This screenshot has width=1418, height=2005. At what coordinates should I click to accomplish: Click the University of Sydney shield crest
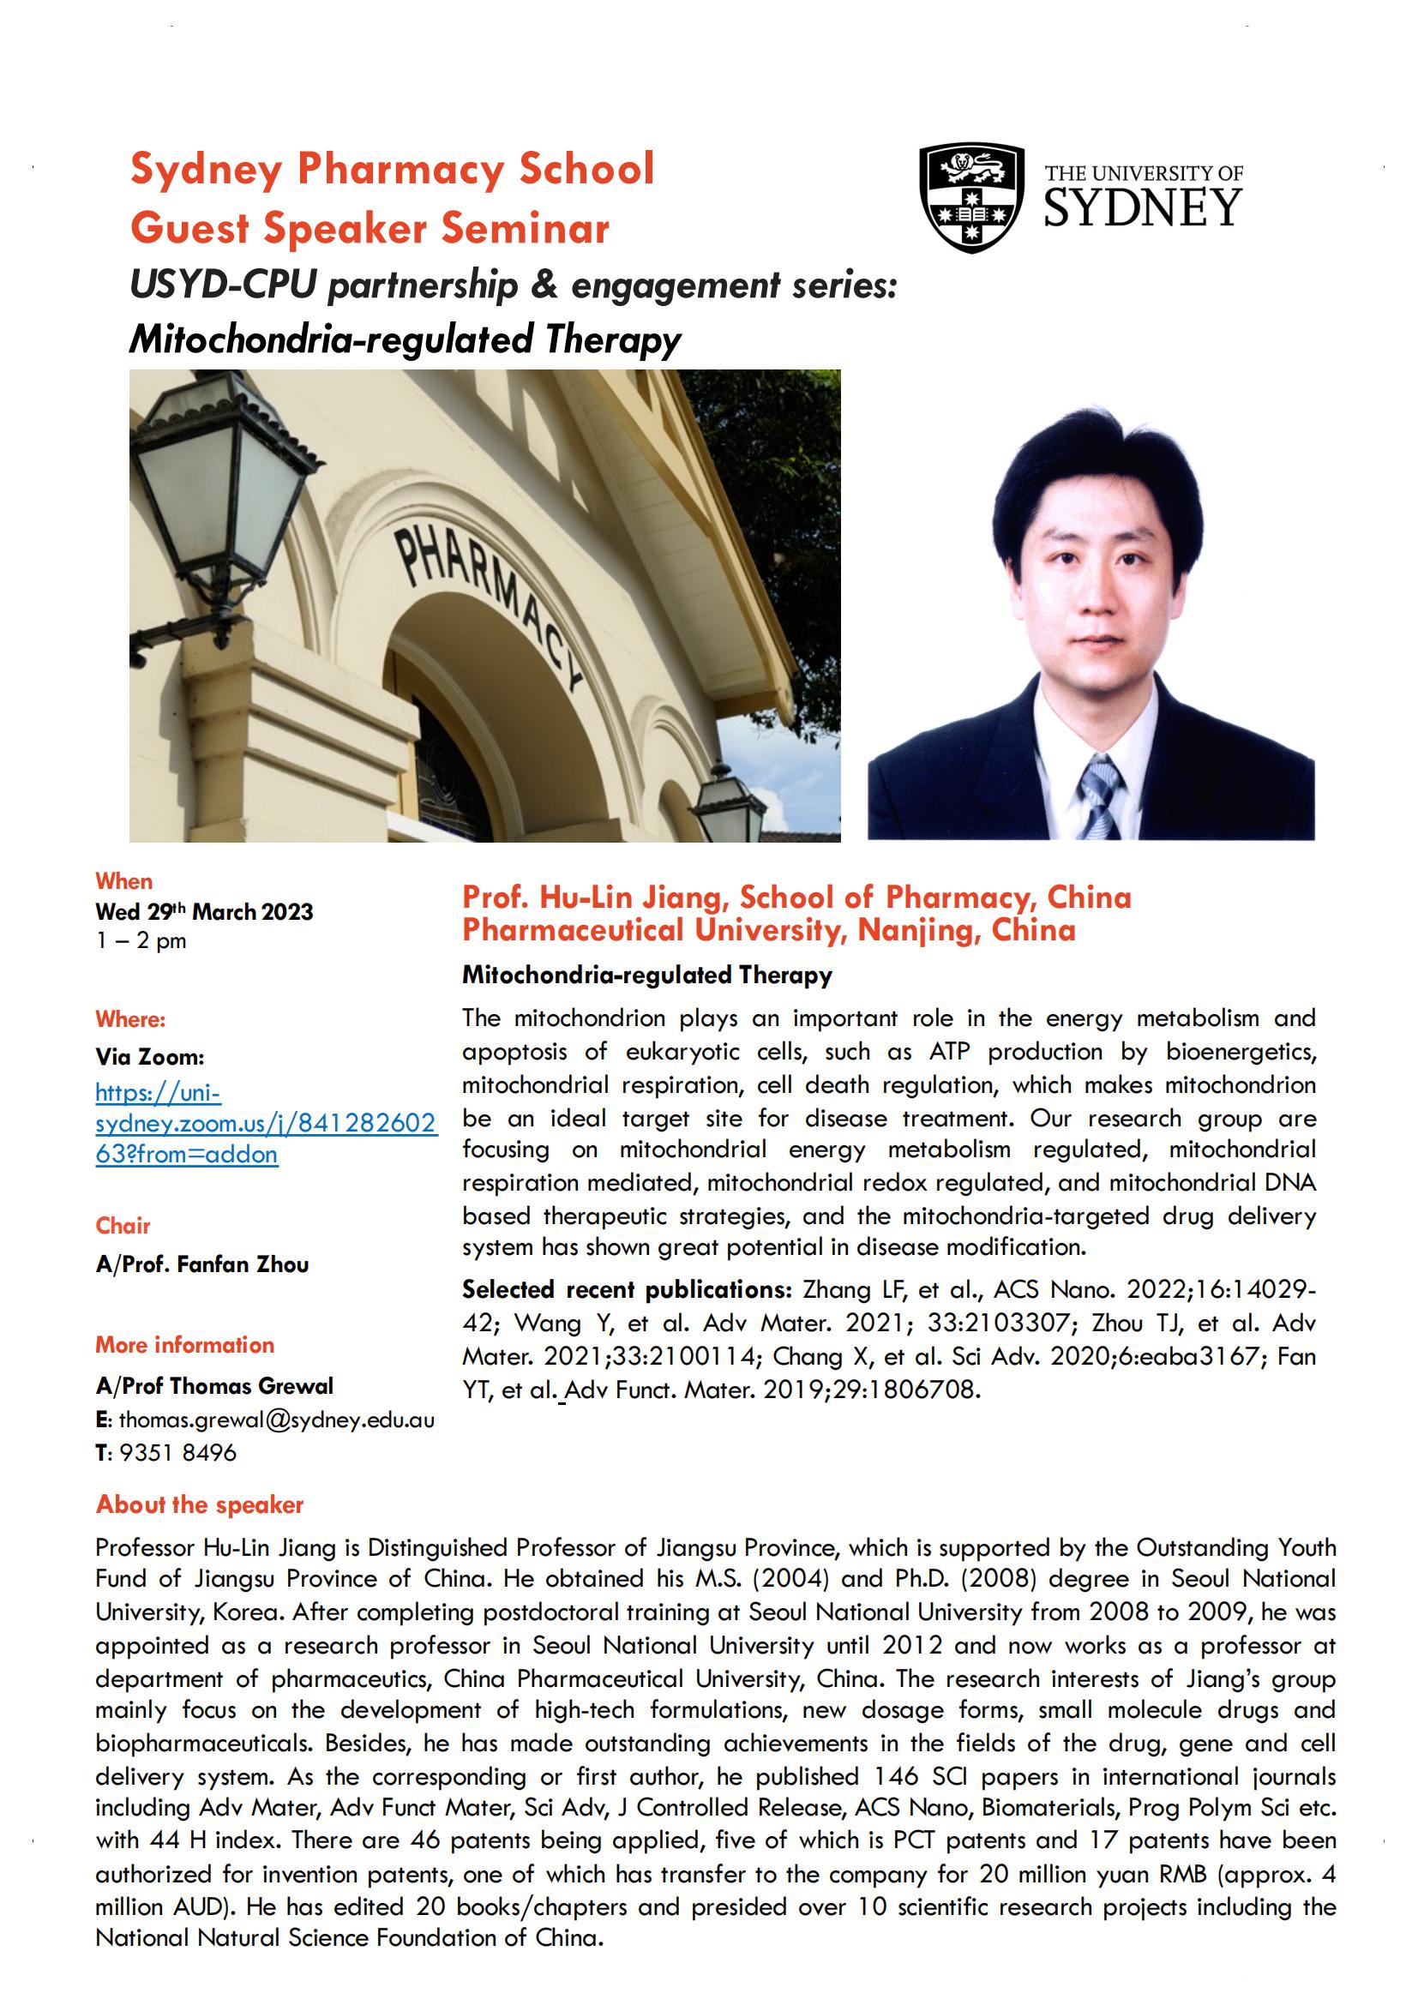click(972, 198)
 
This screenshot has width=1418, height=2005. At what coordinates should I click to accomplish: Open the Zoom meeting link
click(265, 1123)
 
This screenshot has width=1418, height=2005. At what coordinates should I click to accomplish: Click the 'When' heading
click(124, 881)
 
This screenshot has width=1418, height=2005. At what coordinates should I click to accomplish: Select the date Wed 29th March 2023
click(204, 912)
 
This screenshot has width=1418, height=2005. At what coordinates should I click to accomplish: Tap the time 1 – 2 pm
click(141, 941)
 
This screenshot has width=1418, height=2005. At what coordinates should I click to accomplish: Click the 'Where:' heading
click(130, 1019)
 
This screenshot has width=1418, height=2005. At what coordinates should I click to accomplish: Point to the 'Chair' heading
click(123, 1225)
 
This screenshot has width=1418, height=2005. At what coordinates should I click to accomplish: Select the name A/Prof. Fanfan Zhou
click(202, 1264)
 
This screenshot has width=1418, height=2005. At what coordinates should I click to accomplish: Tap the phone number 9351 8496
click(178, 1452)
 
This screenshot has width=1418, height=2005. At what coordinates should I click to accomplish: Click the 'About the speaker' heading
click(200, 1504)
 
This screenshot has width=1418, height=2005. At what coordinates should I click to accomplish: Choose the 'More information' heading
click(185, 1345)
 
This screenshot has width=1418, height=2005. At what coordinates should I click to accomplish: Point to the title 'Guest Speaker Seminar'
click(370, 229)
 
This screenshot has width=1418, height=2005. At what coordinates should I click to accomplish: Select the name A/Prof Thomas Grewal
click(215, 1386)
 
